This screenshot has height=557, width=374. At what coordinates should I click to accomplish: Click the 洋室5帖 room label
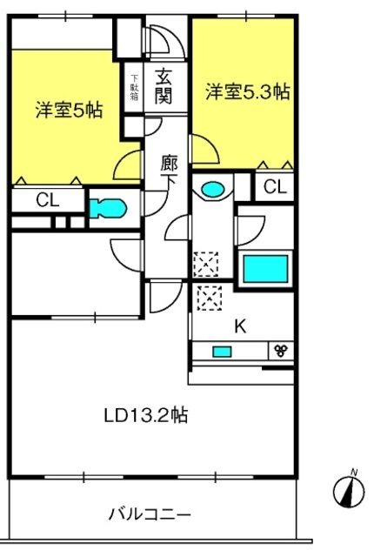tap(69, 111)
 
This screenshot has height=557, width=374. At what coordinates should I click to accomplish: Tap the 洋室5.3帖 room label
tap(247, 92)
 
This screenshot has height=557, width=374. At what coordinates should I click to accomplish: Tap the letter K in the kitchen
tap(241, 328)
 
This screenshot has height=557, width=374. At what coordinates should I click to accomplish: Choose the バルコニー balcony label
tap(150, 513)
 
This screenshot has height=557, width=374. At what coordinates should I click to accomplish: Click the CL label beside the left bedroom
tap(47, 200)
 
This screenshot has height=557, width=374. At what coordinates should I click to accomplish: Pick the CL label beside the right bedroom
tap(274, 186)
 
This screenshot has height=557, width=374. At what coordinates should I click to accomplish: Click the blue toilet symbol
tap(108, 208)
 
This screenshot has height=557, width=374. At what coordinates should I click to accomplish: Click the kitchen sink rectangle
tap(223, 351)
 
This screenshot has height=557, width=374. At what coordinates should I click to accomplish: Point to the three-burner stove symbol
tap(281, 351)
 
